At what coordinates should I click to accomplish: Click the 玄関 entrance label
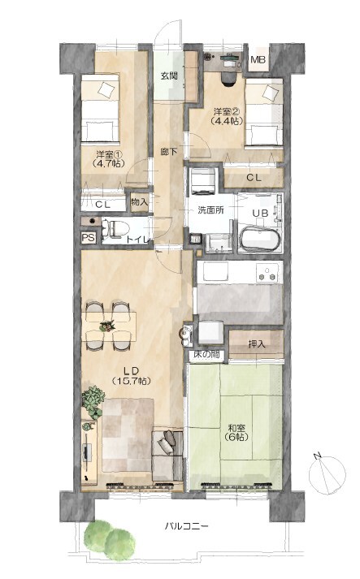(x=169, y=76)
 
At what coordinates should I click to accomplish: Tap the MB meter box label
(x=258, y=59)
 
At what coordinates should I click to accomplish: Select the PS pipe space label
(x=89, y=238)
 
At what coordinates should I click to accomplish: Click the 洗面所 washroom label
(x=210, y=210)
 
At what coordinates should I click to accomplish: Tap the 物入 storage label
(x=139, y=201)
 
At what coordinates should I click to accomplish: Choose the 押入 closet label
(x=257, y=344)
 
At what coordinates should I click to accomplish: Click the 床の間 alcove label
(x=206, y=355)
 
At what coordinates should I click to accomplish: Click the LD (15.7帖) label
(x=131, y=375)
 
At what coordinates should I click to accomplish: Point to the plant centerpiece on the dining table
(x=107, y=326)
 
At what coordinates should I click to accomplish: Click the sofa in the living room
(x=167, y=456)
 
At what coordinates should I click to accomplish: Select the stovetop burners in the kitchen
(x=268, y=274)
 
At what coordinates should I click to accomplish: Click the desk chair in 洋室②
(x=228, y=79)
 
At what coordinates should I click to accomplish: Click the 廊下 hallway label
(x=169, y=151)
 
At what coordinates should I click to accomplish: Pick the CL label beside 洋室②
(x=254, y=178)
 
